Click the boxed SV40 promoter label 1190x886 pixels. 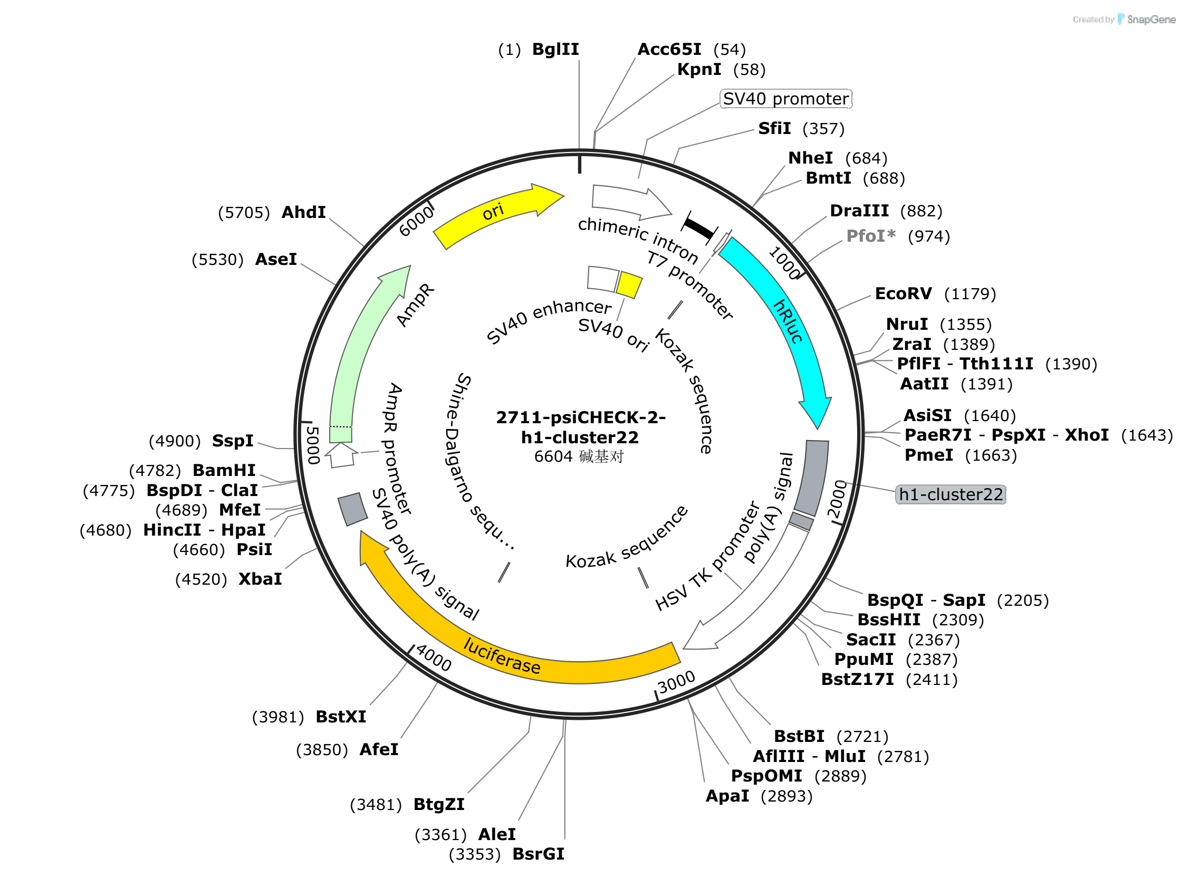[785, 99]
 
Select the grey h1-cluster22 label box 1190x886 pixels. [951, 494]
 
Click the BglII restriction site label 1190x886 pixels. [555, 50]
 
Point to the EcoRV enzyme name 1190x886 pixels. [903, 293]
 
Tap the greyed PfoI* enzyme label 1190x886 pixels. [871, 236]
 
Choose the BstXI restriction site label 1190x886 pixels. [341, 717]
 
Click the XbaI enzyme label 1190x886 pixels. [260, 579]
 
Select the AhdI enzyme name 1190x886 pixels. [303, 212]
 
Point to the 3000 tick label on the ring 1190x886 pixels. [676, 682]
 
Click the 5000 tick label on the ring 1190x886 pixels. [312, 445]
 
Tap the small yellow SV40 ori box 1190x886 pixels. [629, 285]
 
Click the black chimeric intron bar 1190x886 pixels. [699, 228]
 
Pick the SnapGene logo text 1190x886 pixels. [1151, 20]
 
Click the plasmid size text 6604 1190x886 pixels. [553, 456]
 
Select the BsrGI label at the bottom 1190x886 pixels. [538, 854]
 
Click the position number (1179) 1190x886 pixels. [970, 294]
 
